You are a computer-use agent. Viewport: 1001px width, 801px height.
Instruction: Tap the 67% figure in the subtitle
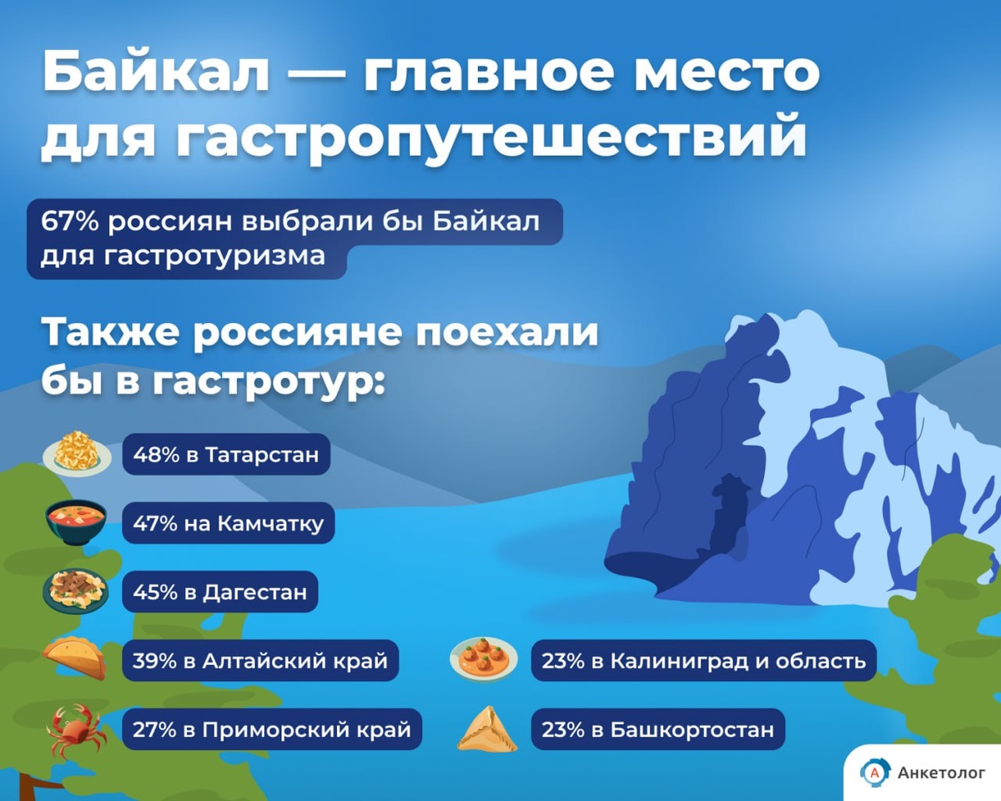click(x=70, y=222)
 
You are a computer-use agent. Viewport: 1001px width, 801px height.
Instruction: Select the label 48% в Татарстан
click(x=226, y=455)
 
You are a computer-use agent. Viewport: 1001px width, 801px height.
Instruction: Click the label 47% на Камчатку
click(x=228, y=523)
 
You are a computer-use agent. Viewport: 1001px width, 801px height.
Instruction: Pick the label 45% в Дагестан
click(x=220, y=592)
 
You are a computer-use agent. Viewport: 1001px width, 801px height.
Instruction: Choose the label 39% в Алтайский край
click(x=260, y=661)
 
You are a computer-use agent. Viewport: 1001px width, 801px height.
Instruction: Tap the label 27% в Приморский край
click(x=272, y=729)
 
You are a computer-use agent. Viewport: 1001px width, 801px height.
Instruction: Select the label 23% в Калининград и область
click(x=704, y=661)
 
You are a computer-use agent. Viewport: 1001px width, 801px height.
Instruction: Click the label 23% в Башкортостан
click(x=657, y=729)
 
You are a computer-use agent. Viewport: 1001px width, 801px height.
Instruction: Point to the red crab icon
click(x=76, y=730)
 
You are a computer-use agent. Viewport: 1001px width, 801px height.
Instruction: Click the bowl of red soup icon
click(x=76, y=522)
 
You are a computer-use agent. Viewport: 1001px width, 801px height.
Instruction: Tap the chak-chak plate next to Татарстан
click(x=78, y=454)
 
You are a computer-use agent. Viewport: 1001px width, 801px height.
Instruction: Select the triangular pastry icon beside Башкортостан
click(x=487, y=729)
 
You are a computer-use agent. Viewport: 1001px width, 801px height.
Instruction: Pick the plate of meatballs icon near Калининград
click(x=484, y=659)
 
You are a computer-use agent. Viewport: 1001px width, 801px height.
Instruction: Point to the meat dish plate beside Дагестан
click(x=76, y=591)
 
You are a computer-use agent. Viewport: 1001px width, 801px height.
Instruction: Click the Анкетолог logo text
click(x=942, y=773)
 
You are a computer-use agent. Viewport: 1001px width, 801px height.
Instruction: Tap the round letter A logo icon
click(x=874, y=773)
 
